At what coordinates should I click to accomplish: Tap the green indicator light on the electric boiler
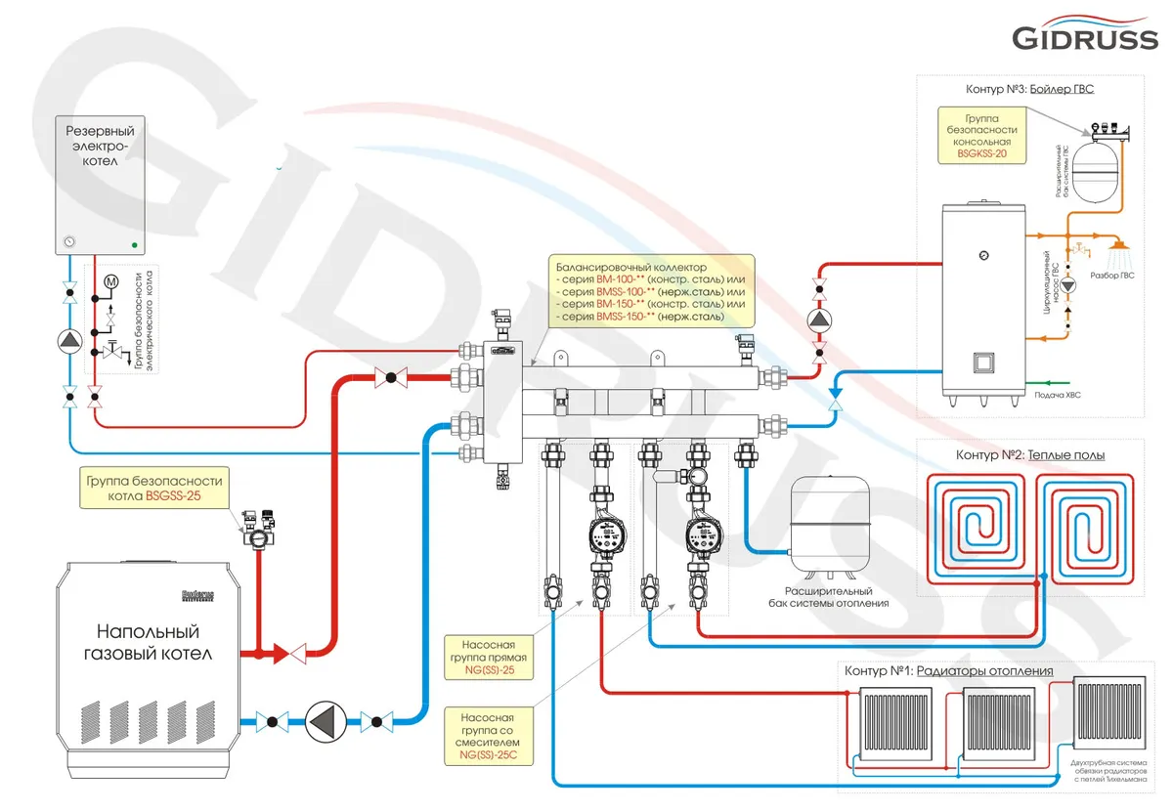(x=135, y=243)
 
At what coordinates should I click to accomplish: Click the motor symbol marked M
(x=110, y=282)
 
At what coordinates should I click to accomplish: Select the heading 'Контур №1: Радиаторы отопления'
(x=947, y=671)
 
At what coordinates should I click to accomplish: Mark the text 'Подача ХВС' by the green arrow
(x=1057, y=396)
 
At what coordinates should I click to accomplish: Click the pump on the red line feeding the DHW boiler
(x=819, y=320)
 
